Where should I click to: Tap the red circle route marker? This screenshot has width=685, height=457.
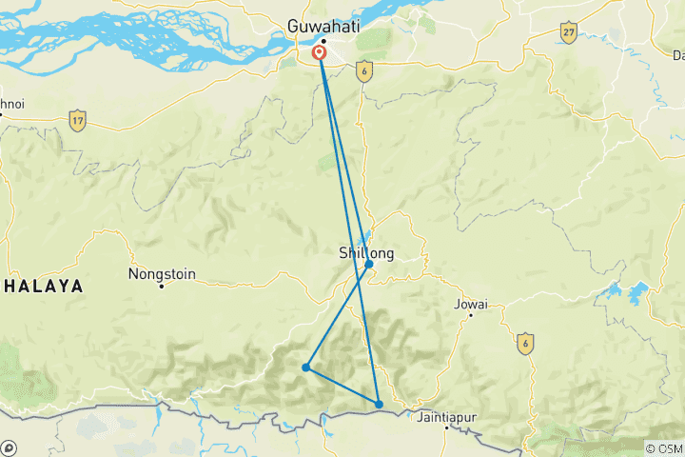point(320,53)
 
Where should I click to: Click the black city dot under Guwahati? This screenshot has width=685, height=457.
point(323,41)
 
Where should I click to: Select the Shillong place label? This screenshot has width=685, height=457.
point(366,252)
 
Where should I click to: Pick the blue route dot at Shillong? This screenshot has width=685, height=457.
point(369,265)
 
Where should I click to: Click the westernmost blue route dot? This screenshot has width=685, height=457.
point(306,367)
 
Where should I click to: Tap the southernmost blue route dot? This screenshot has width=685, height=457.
point(379,405)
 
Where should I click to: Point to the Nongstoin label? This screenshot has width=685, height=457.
point(162,274)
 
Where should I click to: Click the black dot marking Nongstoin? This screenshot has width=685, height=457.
point(162,286)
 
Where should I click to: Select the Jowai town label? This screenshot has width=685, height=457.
point(472,305)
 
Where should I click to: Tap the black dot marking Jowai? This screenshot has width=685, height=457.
point(469,316)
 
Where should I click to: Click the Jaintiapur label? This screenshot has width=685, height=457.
point(446,416)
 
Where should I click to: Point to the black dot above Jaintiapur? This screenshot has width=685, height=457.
point(445,427)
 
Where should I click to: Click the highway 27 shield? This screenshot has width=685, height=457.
point(569,33)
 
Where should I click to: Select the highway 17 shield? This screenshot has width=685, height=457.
point(77,121)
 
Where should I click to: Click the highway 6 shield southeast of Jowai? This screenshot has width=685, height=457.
point(524,343)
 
